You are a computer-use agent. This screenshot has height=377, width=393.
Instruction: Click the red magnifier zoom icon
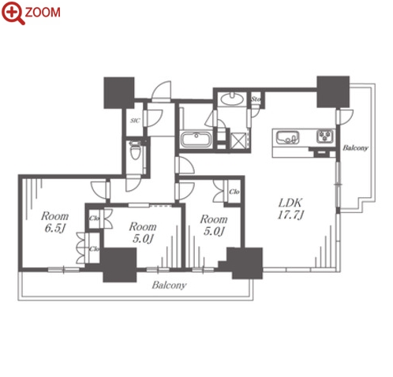pyautogui.click(x=13, y=13)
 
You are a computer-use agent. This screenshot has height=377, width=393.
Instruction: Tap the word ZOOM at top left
pyautogui.click(x=43, y=13)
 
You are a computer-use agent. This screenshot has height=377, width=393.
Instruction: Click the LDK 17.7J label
pyautogui.click(x=290, y=209)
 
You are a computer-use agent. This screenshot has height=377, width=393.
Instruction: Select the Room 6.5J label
pyautogui.click(x=54, y=222)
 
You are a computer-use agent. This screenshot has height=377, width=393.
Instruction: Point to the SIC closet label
pyautogui.click(x=135, y=121)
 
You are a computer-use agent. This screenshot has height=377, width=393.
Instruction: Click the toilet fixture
pyautogui.click(x=136, y=150)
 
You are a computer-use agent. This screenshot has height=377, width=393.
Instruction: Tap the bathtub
pyautogui.click(x=196, y=139)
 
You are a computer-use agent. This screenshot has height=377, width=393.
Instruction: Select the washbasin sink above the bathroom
pyautogui.click(x=232, y=99)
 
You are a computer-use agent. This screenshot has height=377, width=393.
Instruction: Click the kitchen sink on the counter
pyautogui.click(x=287, y=137)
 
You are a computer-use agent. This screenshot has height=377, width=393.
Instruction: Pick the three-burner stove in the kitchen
pyautogui.click(x=325, y=136)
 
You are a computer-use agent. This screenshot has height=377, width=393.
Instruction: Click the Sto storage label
pyautogui.click(x=256, y=99)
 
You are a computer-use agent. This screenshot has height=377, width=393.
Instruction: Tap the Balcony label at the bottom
pyautogui.click(x=169, y=286)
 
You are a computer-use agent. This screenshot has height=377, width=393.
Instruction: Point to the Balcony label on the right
pyautogui.click(x=355, y=147)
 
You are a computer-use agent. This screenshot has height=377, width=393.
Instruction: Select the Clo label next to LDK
pyautogui.click(x=234, y=192)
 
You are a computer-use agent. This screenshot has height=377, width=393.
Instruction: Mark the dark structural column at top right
pyautogui.click(x=333, y=91)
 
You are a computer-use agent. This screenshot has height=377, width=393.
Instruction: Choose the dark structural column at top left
pyautogui.click(x=119, y=93)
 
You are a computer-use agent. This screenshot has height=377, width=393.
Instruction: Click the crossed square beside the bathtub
pyautogui.click(x=238, y=141)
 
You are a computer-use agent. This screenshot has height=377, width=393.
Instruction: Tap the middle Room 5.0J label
pyautogui.click(x=142, y=233)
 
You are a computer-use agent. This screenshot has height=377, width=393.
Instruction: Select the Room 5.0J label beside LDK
pyautogui.click(x=214, y=225)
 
